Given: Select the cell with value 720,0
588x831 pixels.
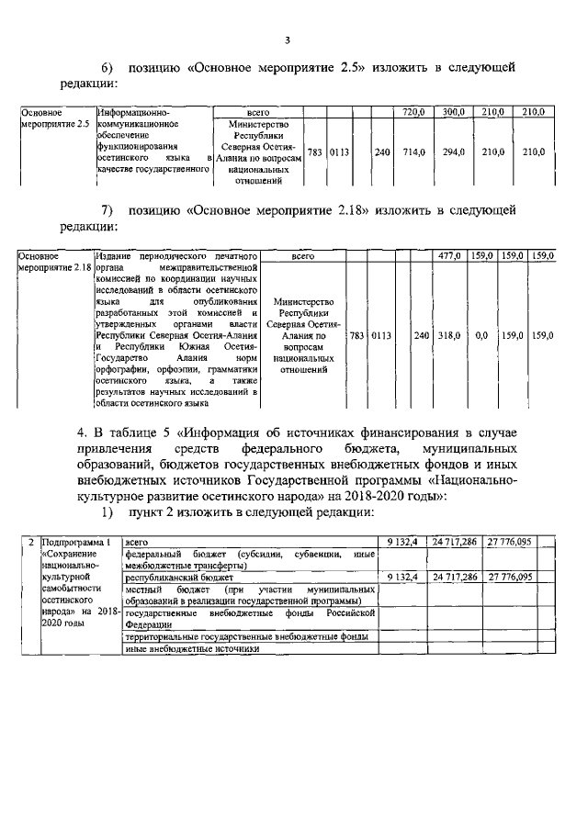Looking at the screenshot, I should (413, 112).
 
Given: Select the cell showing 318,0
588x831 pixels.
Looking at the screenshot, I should (447, 335).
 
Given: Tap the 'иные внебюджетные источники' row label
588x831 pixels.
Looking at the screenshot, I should (193, 648).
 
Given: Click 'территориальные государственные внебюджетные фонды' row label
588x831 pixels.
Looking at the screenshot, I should (248, 635).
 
